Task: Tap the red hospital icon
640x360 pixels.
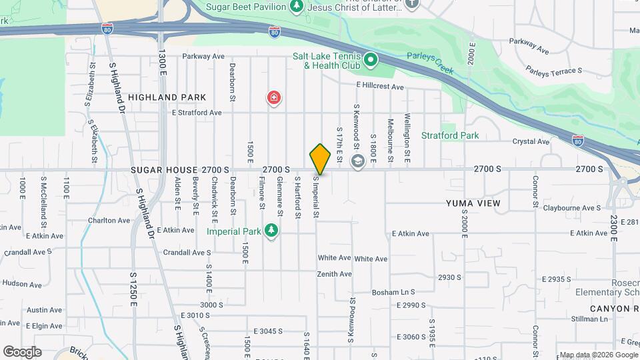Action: tap(273, 99)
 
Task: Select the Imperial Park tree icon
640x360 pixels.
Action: tap(271, 231)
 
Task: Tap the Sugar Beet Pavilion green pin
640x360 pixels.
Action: tap(297, 6)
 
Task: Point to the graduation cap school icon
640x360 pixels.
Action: tap(357, 161)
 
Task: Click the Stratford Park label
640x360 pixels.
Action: tap(450, 135)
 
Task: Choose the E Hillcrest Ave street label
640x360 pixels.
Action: tap(380, 87)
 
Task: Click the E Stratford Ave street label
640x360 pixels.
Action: tap(197, 113)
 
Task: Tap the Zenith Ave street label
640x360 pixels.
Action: tap(335, 274)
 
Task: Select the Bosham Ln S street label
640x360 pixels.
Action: tap(393, 292)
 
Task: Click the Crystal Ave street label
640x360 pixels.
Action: tap(531, 141)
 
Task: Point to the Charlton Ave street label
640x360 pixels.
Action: tap(109, 220)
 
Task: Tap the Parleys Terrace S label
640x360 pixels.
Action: tap(553, 69)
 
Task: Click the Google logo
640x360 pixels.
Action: tap(22, 352)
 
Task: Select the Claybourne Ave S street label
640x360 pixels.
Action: tap(571, 208)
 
